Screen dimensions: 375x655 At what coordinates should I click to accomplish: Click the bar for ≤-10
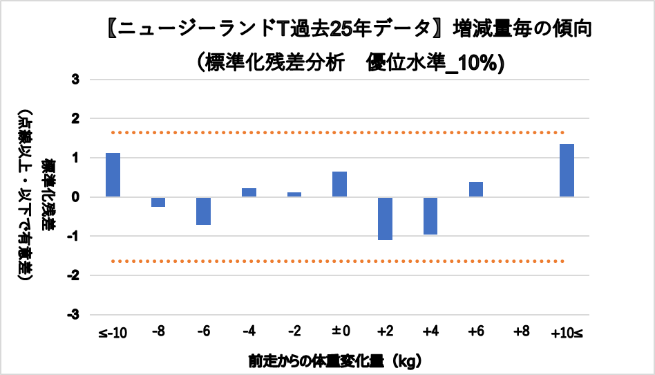click(x=113, y=175)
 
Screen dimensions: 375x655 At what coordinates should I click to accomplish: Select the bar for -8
click(x=158, y=202)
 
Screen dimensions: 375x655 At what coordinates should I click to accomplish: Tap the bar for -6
click(x=203, y=211)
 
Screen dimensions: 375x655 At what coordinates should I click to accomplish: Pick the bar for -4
click(x=249, y=192)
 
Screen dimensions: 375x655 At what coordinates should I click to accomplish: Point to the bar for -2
click(x=294, y=194)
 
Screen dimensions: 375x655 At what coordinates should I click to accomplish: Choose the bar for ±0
click(x=339, y=184)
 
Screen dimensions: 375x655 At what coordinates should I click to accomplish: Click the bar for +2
click(x=385, y=219)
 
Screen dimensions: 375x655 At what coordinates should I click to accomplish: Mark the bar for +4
click(x=430, y=216)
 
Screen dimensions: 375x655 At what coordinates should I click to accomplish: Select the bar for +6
click(x=475, y=190)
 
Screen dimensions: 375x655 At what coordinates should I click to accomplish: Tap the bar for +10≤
click(x=567, y=170)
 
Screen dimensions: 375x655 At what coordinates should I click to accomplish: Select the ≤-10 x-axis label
click(x=113, y=333)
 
